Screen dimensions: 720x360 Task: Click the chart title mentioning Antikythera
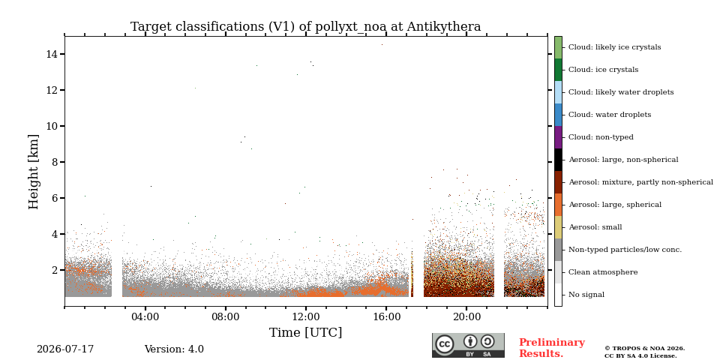[x=305, y=27]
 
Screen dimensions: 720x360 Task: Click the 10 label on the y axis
[x=52, y=126]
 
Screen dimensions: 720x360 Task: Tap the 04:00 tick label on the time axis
[x=145, y=316]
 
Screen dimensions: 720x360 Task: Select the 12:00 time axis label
[x=306, y=316]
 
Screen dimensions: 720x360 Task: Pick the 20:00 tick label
[x=466, y=316]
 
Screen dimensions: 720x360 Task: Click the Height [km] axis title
[x=34, y=172]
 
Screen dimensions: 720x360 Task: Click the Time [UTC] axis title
[x=305, y=332]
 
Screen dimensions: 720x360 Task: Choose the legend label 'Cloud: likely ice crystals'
[x=615, y=47]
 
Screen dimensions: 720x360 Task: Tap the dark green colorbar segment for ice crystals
[x=558, y=70]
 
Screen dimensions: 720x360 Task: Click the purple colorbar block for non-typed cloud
[x=558, y=137]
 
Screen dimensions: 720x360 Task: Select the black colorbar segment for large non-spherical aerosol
[x=558, y=160]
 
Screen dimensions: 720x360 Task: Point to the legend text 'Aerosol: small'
[x=595, y=227]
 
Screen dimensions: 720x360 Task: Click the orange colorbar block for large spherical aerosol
[x=558, y=205]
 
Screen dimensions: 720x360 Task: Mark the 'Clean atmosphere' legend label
[x=603, y=272]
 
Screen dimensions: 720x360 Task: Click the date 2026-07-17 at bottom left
[x=65, y=349]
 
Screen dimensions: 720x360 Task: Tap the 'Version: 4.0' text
[x=174, y=349]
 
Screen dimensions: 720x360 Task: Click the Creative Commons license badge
[x=468, y=345]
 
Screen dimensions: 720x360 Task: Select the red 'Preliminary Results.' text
[x=552, y=348]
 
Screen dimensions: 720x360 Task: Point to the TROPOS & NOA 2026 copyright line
[x=644, y=349]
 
